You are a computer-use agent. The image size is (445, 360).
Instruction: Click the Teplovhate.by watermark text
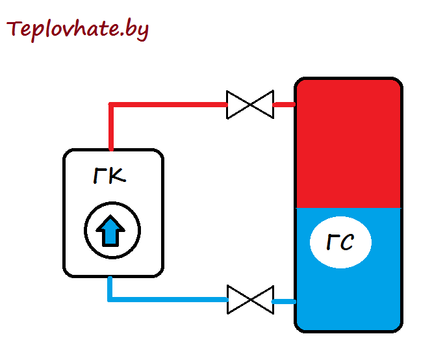coord(77,30)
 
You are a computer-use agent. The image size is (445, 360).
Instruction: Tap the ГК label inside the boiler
coord(110,175)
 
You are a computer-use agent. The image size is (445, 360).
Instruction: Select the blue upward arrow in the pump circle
coord(110,231)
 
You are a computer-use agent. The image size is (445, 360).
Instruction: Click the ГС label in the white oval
coord(340,242)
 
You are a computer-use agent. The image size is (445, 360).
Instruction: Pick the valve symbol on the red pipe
coord(250,105)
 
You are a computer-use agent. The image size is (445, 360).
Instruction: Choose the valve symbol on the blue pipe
coord(250,300)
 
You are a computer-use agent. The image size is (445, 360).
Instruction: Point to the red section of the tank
coord(348,144)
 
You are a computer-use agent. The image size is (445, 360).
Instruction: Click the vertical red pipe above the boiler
coord(111,126)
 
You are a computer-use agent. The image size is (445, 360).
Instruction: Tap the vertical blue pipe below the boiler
coord(110,288)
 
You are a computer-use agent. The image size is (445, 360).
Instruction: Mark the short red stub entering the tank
coord(284,105)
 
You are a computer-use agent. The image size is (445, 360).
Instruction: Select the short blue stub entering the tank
coord(284,302)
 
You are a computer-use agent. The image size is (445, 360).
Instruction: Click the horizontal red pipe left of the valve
coord(168,105)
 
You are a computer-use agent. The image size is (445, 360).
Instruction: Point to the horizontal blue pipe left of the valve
coord(168,300)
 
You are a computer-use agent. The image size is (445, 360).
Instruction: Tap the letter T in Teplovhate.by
coord(14,28)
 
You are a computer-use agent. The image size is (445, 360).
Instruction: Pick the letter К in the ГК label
coord(117,175)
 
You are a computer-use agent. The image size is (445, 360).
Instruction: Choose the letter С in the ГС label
coord(347,242)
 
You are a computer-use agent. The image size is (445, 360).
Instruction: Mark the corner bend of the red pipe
coord(111,105)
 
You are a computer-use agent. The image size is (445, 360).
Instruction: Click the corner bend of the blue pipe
coord(110,300)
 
